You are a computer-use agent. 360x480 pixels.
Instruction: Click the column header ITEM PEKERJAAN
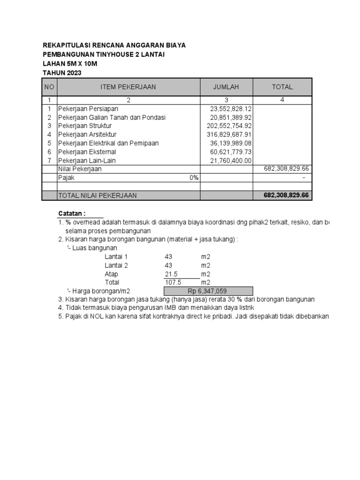coord(128,87)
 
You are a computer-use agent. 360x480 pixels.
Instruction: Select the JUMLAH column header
coord(226,87)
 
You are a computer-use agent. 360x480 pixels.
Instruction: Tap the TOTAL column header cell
coord(282,87)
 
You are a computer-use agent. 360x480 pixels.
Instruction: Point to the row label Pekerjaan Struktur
coord(84,126)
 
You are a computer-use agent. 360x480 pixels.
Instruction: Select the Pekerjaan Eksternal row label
coord(87,152)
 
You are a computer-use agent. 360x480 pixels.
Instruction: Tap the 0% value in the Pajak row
coord(194,178)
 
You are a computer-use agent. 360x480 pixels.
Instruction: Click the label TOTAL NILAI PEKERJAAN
coord(97,195)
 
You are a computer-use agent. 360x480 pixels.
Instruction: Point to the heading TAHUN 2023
coord(62,73)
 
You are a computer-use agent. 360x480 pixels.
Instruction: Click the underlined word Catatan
coord(72,214)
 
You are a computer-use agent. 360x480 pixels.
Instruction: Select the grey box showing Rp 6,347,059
coord(208,291)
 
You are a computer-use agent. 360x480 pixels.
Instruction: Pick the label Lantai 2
coord(116,265)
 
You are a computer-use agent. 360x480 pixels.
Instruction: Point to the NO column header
coord(49,87)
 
